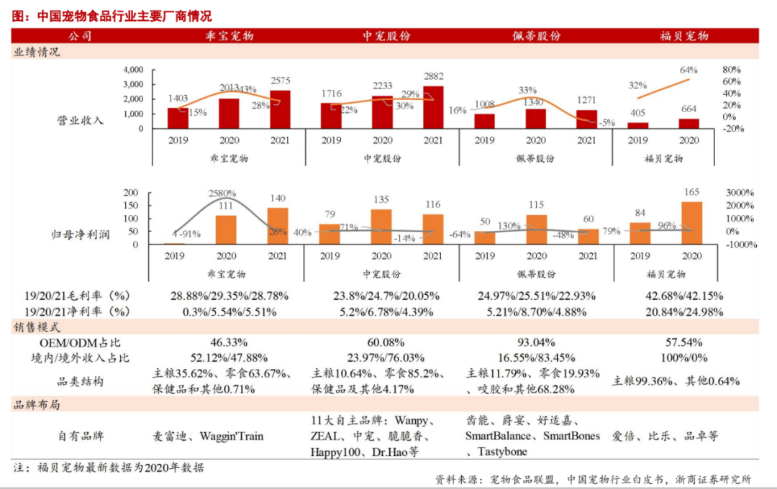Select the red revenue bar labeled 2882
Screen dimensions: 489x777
(433, 107)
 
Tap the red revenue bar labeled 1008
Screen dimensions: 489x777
(484, 121)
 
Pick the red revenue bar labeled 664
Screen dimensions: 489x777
(689, 124)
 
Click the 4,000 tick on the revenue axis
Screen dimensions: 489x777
(134, 70)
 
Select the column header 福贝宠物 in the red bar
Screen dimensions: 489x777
(684, 36)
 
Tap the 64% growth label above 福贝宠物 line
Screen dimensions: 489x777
(689, 70)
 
